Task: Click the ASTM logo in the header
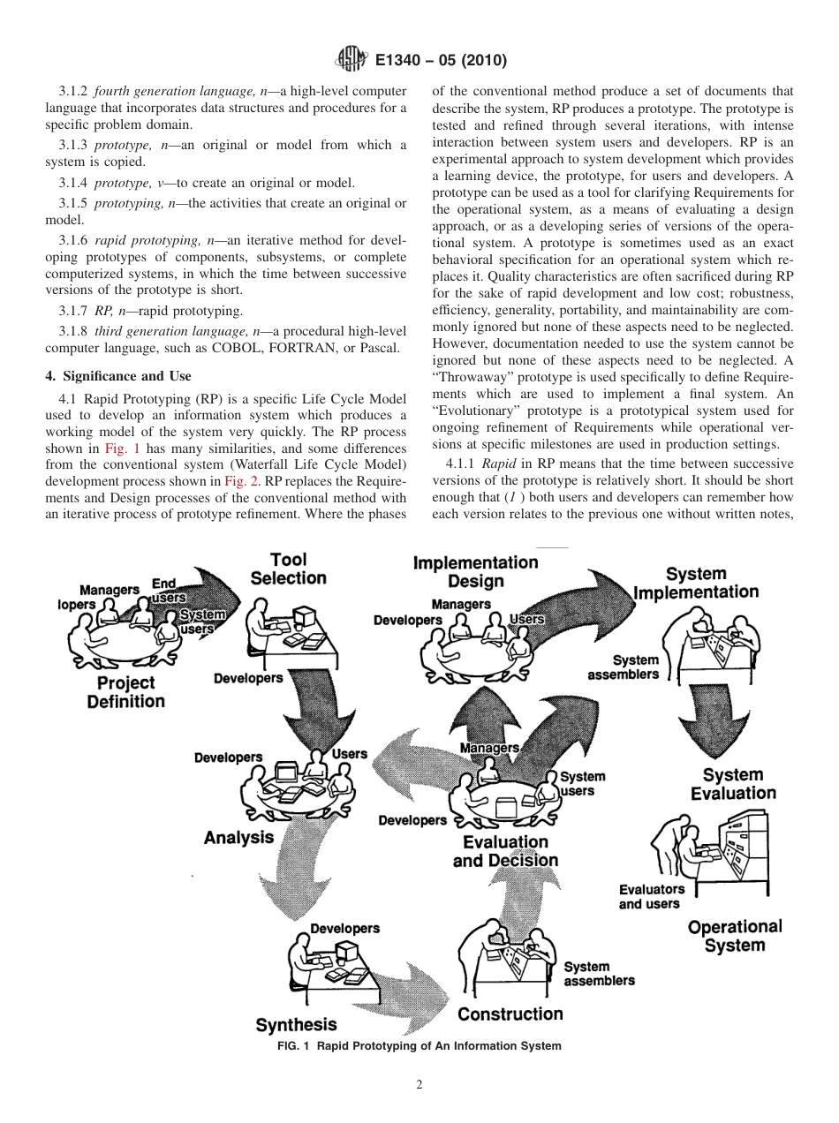[x=351, y=61]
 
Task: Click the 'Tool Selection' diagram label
[x=288, y=569]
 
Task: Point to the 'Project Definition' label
[x=125, y=692]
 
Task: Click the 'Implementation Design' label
[x=475, y=572]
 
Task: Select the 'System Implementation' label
[x=696, y=583]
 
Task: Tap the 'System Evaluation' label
[x=733, y=784]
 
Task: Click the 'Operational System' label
[x=735, y=936]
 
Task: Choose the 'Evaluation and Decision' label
[x=505, y=851]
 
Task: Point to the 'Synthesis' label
[x=296, y=1025]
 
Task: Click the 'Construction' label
[x=510, y=1014]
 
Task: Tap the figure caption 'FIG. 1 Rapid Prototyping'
[x=419, y=1046]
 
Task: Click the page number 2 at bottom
[x=419, y=1085]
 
